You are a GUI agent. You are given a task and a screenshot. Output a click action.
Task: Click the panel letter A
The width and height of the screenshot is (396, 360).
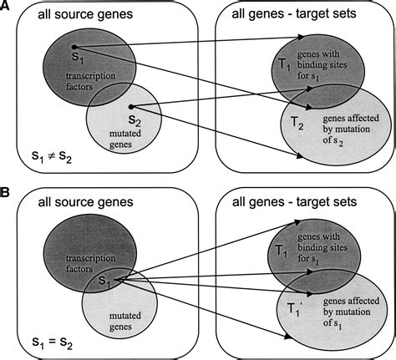coord(8,8)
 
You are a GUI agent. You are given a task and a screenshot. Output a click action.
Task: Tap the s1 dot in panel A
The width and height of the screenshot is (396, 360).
coord(74,48)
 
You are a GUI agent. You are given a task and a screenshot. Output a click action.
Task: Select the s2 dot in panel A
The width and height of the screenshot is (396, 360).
coord(132,106)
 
